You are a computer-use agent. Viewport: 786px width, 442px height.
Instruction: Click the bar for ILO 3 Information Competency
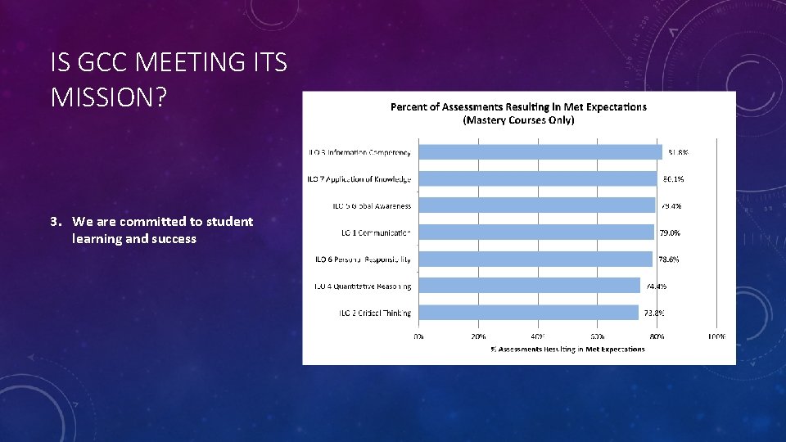tap(540, 151)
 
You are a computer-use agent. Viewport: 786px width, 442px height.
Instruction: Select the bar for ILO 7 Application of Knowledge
tap(538, 178)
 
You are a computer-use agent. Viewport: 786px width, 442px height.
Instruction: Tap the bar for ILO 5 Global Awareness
tap(536, 205)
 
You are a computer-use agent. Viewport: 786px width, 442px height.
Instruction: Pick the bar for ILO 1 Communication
tap(535, 232)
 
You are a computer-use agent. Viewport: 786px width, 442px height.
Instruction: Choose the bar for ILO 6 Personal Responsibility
tap(535, 259)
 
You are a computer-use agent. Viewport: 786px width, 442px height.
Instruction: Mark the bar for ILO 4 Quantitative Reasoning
tap(529, 286)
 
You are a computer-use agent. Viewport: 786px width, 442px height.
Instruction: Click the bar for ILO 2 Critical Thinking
tap(528, 313)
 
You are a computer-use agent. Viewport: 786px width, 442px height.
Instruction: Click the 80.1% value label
tap(673, 178)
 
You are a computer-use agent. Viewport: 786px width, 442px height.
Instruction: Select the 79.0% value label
tap(670, 232)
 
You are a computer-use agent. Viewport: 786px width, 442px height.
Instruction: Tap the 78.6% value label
tap(669, 259)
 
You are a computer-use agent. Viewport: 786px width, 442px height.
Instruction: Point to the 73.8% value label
tap(653, 313)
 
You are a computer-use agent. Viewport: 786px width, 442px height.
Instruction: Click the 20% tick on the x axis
tap(478, 336)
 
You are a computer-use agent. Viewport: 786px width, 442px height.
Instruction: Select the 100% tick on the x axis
tap(716, 336)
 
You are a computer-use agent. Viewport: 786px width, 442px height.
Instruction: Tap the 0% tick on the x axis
tap(418, 336)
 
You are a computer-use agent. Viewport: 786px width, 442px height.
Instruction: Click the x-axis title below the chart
tap(567, 350)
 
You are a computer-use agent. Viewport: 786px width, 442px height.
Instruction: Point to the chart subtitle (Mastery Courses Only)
tap(518, 120)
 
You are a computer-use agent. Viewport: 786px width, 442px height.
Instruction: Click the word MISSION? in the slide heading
tap(108, 97)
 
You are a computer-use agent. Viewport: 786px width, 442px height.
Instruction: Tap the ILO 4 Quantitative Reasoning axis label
tap(363, 286)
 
